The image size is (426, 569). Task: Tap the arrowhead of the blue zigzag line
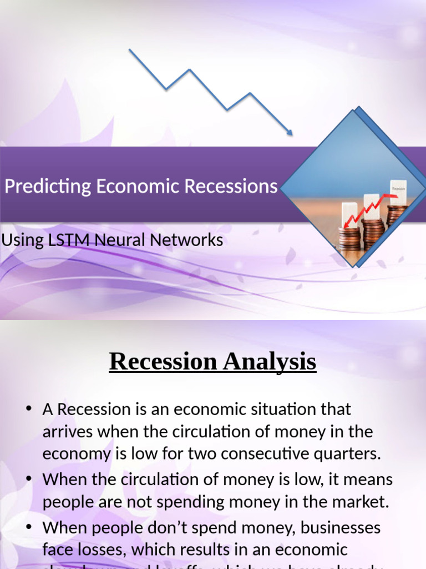pos(289,132)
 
